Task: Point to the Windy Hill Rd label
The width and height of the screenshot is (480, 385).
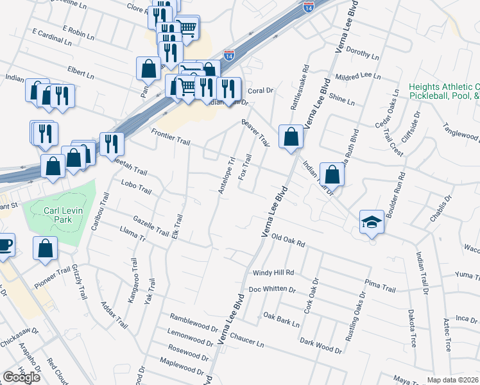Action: (x=273, y=273)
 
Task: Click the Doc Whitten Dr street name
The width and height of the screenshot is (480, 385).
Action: (x=272, y=289)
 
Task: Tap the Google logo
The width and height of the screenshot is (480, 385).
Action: (x=21, y=377)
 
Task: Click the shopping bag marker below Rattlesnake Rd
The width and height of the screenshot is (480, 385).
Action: (x=291, y=137)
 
